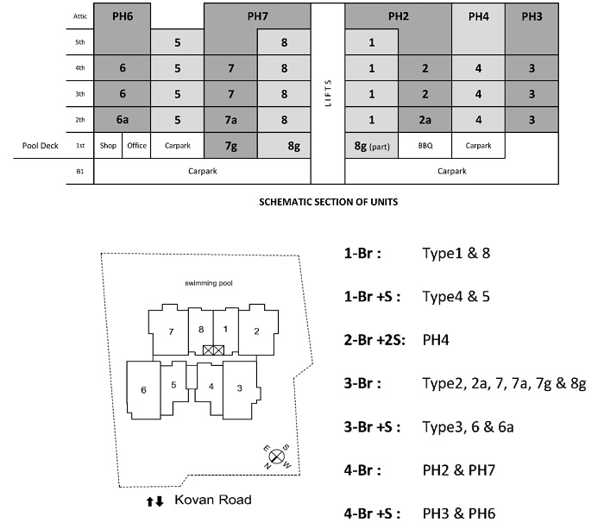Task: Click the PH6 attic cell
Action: (123, 16)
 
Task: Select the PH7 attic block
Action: (257, 16)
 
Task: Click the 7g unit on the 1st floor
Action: (230, 146)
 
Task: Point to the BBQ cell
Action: (425, 146)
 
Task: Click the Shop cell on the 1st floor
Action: (108, 146)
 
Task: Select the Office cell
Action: (136, 146)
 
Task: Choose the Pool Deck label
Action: (41, 146)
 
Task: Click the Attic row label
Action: (79, 16)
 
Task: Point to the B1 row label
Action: (79, 171)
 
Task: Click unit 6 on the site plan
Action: (143, 390)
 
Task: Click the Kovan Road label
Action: (212, 500)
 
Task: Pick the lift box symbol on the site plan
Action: (213, 350)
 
